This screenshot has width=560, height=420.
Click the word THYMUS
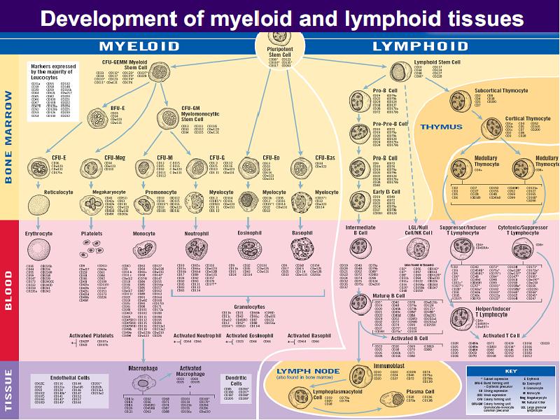441,127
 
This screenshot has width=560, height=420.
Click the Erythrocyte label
39,233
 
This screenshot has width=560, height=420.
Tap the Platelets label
92,233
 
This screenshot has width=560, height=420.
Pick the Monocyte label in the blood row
143,233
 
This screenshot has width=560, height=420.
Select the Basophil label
302,233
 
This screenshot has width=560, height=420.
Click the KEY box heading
510,370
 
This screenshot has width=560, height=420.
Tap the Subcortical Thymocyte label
502,90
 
